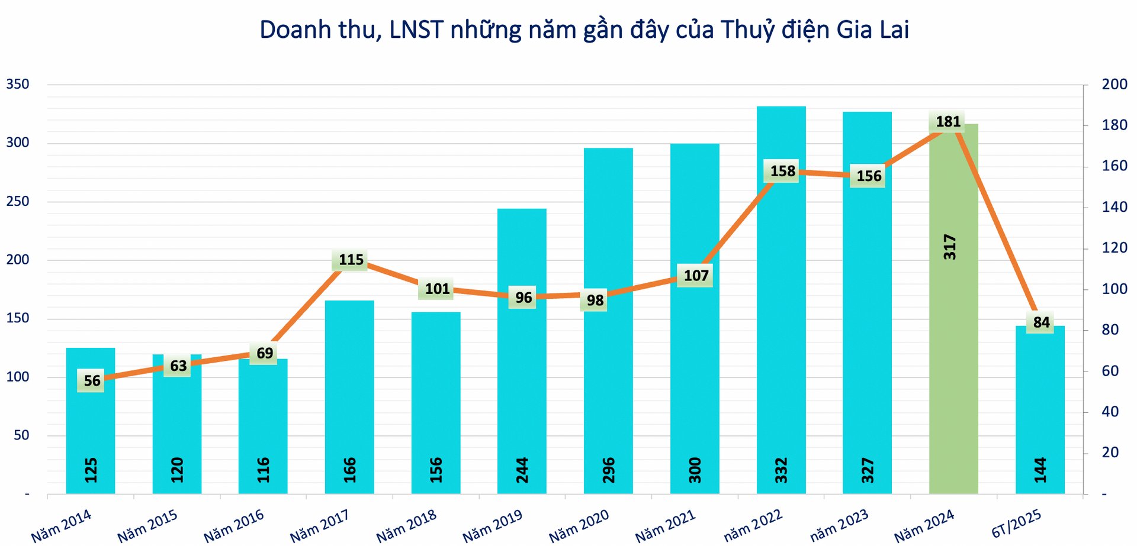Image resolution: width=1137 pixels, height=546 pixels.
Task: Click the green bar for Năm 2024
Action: click(x=953, y=355)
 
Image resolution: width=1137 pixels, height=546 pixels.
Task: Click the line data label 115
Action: click(x=351, y=260)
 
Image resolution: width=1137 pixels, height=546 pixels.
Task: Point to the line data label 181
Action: click(x=947, y=122)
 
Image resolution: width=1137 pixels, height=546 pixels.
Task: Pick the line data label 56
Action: click(x=92, y=380)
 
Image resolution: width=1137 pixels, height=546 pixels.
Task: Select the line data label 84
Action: click(x=1041, y=322)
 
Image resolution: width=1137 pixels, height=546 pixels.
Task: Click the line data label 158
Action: click(x=782, y=172)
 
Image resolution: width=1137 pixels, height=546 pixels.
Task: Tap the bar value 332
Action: click(x=782, y=470)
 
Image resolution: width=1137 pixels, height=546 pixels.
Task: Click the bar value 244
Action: click(x=522, y=470)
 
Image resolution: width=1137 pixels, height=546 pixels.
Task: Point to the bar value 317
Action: click(x=950, y=247)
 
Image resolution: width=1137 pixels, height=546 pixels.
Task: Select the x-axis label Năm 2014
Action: click(x=61, y=525)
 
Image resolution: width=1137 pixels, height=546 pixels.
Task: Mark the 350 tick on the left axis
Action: click(x=18, y=85)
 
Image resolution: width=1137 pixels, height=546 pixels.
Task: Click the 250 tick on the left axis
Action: click(x=18, y=202)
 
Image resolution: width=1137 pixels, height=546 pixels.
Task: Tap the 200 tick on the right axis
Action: click(x=1114, y=85)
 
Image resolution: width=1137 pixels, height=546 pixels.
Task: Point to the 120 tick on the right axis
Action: click(x=1114, y=248)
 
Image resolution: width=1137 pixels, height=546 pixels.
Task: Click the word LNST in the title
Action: click(x=416, y=30)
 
